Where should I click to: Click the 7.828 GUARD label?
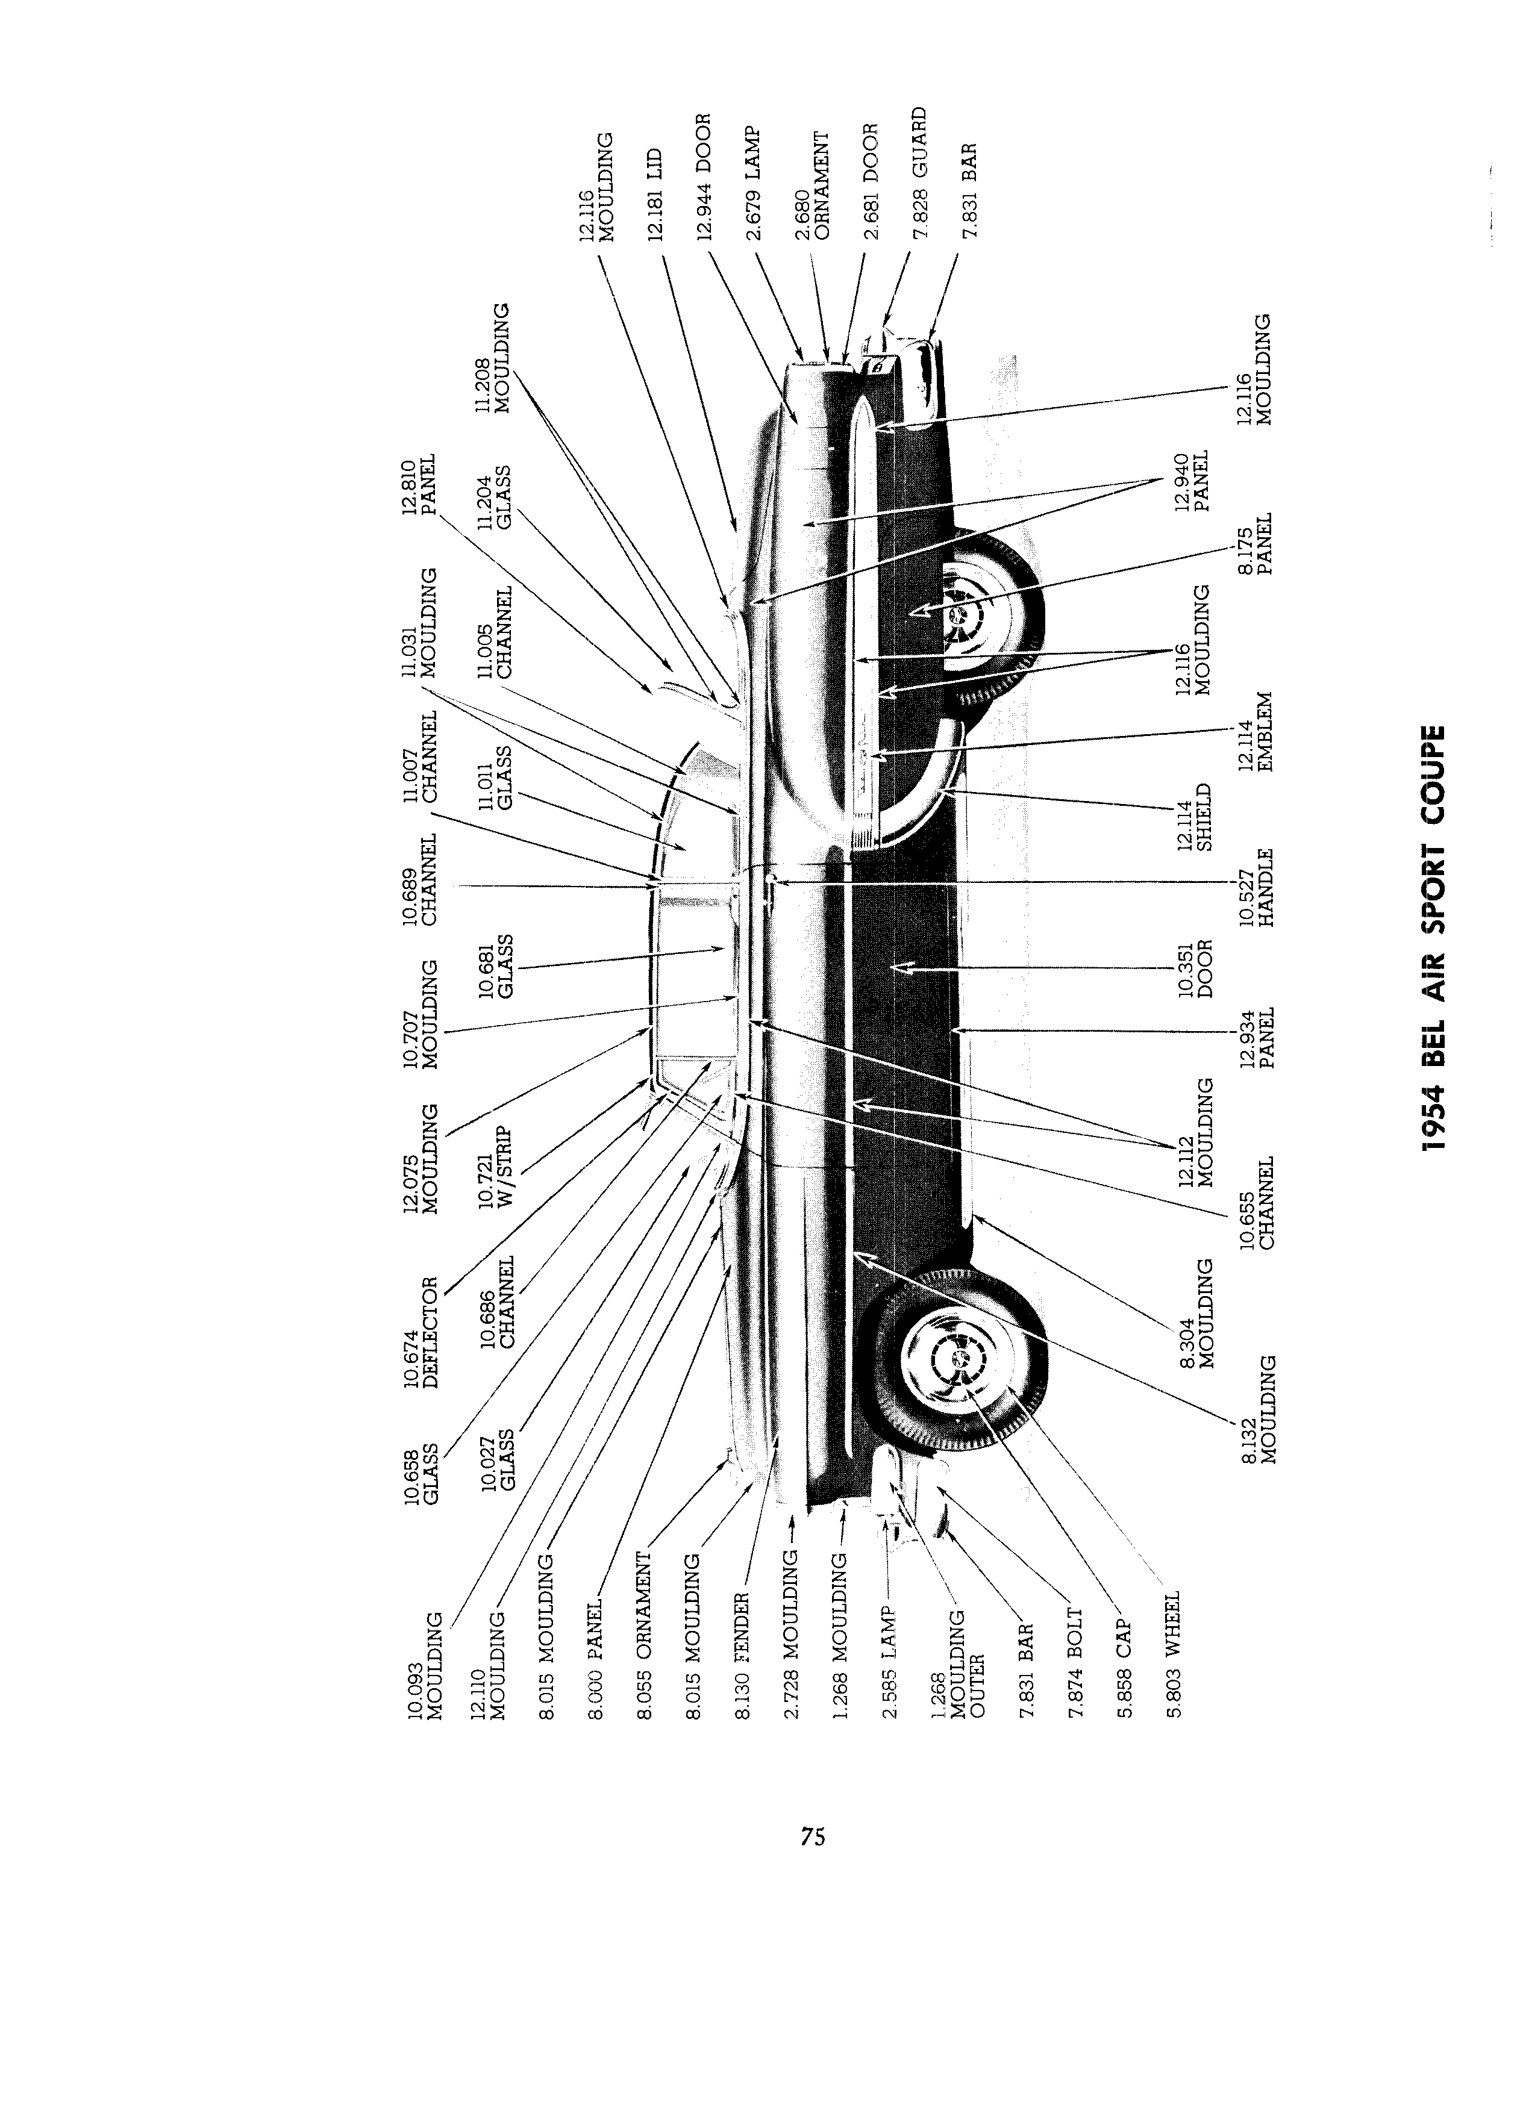tap(919, 173)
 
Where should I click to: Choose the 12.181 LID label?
tap(654, 195)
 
